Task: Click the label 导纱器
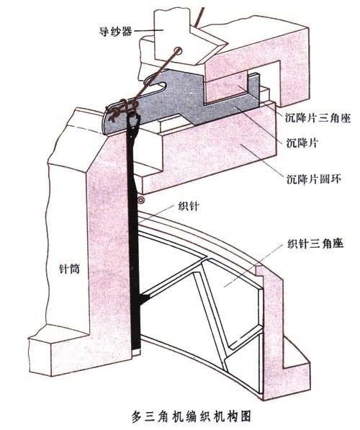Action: point(115,31)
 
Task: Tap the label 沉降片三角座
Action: point(318,118)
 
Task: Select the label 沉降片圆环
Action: point(314,179)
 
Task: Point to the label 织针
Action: point(189,206)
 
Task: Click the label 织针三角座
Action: point(315,243)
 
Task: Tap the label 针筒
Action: point(70,269)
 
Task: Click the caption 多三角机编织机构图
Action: point(192,416)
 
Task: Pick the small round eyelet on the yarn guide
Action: point(179,51)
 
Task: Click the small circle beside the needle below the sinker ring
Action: point(141,200)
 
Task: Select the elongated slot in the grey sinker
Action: point(154,88)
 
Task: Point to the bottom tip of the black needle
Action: point(136,349)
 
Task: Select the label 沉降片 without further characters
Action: point(302,143)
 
